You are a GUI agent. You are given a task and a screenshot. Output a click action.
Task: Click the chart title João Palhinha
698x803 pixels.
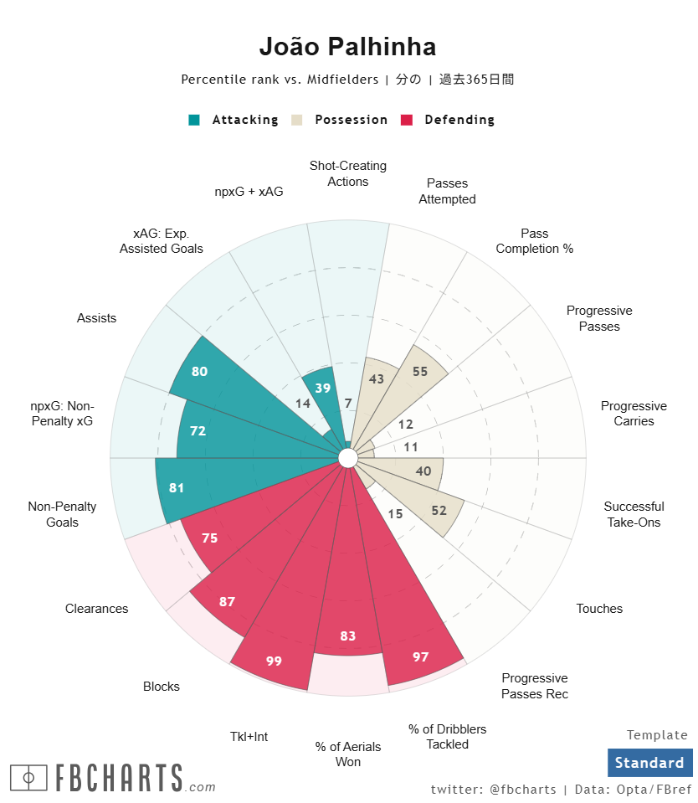coord(347,47)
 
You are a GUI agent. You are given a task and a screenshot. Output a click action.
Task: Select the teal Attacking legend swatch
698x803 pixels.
coord(194,120)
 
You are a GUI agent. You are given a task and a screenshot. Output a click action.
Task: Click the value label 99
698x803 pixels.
coord(274,661)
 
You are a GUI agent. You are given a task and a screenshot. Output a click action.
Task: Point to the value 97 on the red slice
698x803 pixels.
coord(420,656)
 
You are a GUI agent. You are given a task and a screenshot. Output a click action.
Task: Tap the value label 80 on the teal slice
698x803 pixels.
coord(199,371)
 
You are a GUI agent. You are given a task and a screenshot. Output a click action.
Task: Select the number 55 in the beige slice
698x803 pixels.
coord(420,371)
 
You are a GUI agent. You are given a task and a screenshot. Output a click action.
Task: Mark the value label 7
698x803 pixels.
coord(347,404)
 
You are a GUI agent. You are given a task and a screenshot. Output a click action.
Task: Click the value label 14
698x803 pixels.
coord(303,403)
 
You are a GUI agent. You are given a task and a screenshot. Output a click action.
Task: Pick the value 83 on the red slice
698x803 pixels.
coord(347,636)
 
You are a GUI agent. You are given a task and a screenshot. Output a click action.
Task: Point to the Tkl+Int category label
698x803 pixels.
coord(249,737)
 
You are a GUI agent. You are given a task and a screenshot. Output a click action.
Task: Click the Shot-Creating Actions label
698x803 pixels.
coord(347,173)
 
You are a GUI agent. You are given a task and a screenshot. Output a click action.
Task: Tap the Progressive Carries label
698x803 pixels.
coord(634,414)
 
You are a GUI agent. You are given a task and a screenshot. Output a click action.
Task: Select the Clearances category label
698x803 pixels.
coord(97,609)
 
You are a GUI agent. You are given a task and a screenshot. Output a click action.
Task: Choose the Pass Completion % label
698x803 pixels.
coord(534,241)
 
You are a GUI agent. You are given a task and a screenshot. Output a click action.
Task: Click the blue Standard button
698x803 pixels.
coord(649,763)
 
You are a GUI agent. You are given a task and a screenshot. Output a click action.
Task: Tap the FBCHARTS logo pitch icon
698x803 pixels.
coord(28,778)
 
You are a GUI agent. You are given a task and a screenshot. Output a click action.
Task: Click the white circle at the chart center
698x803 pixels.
coord(348,458)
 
